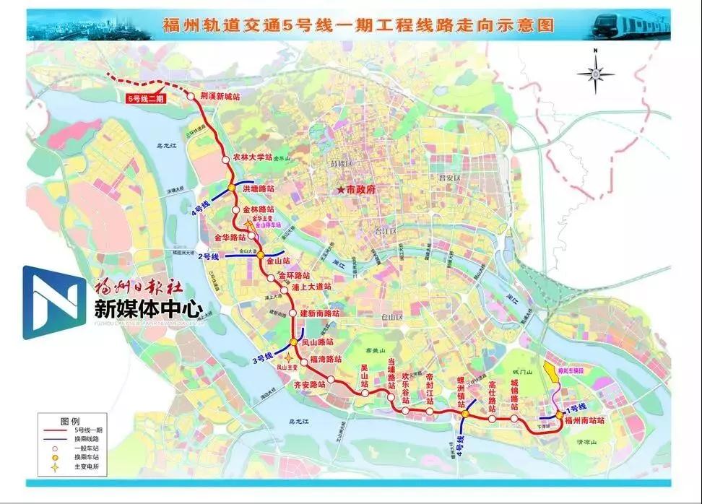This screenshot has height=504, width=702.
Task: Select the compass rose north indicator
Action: [595, 71]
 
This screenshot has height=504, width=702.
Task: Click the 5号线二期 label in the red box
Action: [145, 97]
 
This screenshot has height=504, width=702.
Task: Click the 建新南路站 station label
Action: [319, 313]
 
